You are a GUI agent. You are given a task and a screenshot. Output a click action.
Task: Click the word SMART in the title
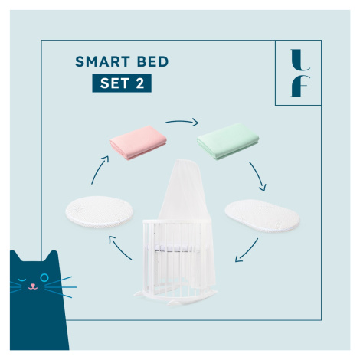[x=103, y=61]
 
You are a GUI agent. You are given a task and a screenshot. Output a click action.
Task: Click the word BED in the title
[x=153, y=61]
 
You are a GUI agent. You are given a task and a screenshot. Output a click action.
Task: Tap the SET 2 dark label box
[x=122, y=83]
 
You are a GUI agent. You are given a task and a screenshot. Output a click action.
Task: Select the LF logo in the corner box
[x=300, y=73]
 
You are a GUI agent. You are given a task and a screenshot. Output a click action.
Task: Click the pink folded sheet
[x=138, y=142]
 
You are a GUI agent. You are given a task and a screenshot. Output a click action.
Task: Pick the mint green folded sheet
[x=227, y=141]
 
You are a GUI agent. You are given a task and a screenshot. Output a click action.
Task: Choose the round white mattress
[x=100, y=212]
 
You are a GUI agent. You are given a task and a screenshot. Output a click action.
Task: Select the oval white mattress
[x=262, y=216]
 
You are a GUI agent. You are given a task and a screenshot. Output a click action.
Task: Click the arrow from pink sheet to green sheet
[x=182, y=121]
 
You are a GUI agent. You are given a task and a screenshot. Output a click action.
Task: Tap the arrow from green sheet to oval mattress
[x=258, y=175]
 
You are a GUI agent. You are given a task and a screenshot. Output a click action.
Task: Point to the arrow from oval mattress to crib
[x=247, y=251]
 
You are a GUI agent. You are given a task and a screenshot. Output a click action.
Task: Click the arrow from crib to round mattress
[x=119, y=249]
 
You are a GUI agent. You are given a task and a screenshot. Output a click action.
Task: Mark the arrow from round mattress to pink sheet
[x=99, y=169]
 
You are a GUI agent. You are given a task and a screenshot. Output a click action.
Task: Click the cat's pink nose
[x=33, y=285]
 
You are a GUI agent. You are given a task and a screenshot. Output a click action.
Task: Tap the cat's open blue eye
[x=44, y=277]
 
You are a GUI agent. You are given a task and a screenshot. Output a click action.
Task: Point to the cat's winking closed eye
[x=22, y=280]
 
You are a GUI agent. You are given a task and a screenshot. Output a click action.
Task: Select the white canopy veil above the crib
[x=184, y=194]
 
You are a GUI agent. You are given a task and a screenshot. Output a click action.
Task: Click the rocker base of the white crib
[x=175, y=297]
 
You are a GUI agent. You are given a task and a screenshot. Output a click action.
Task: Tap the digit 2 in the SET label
[x=140, y=83]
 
